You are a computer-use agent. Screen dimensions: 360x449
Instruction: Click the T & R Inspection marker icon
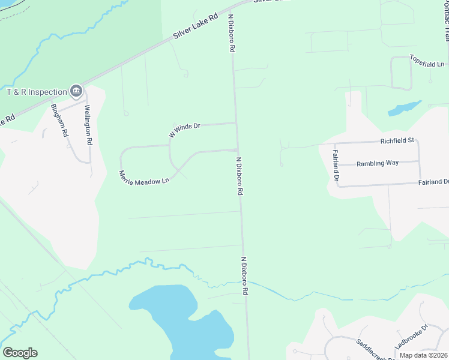click(76, 91)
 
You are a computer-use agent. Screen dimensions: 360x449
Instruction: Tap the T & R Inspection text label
click(37, 92)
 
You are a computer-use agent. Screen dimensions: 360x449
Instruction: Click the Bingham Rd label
click(59, 121)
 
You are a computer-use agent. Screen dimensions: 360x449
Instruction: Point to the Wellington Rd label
click(88, 125)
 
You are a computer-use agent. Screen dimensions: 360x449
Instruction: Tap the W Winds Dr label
click(184, 130)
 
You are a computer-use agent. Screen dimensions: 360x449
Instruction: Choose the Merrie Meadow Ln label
click(144, 177)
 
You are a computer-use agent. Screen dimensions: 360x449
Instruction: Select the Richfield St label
click(397, 140)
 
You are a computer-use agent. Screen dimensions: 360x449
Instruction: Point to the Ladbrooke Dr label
click(411, 337)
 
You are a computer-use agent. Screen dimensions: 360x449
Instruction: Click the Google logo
click(20, 353)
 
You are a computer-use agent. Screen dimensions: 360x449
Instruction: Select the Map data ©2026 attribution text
click(423, 355)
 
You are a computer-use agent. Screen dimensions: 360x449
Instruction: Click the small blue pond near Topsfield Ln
click(403, 108)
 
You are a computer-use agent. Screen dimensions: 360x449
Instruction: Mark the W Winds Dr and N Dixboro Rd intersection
click(236, 123)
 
